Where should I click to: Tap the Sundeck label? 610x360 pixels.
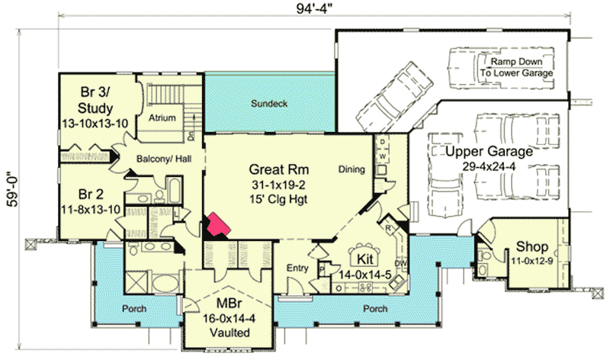270,103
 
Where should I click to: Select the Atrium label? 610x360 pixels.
162,117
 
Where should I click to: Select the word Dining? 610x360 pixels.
352,169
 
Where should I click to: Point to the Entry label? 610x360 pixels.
296,268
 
